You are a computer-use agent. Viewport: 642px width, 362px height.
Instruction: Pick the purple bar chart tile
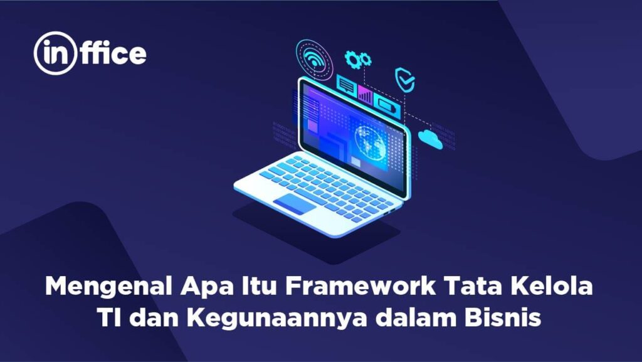tap(365, 95)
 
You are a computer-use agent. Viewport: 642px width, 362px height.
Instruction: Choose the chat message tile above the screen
tap(346, 83)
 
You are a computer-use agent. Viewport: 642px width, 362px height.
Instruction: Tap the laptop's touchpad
tap(294, 203)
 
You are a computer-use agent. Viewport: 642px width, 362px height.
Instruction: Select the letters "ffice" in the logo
tap(115, 54)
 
